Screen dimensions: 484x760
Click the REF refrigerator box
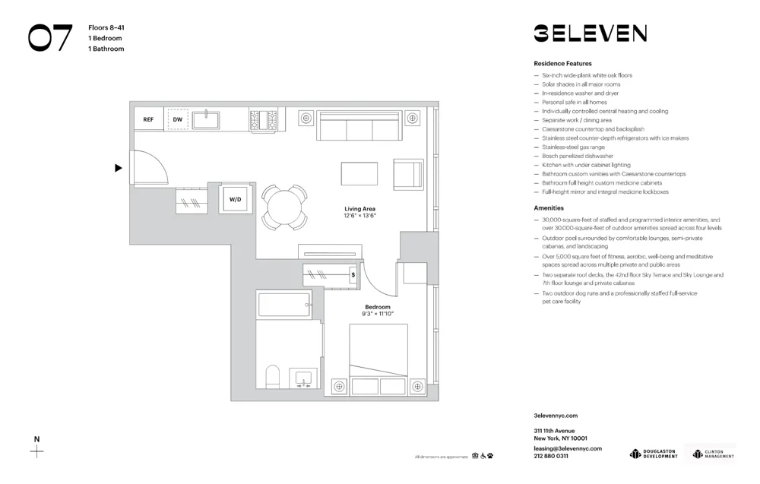[x=148, y=119]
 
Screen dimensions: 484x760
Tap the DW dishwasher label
[x=178, y=119]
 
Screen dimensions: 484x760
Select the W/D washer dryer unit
[x=235, y=200]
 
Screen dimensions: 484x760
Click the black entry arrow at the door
[x=118, y=168]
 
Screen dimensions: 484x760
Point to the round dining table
[x=285, y=207]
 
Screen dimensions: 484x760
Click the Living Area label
[x=359, y=209]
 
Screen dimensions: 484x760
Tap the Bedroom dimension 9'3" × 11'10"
[x=378, y=314]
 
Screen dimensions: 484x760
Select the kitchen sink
[x=205, y=119]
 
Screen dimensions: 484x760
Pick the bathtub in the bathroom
[x=284, y=305]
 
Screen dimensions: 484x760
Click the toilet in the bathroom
[x=273, y=377]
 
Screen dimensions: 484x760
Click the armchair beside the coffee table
[x=407, y=174]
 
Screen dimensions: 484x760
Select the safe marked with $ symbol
[x=353, y=275]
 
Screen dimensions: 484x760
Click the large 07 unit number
[x=51, y=38]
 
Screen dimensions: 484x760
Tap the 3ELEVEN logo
[x=590, y=33]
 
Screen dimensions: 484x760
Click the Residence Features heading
[x=562, y=64]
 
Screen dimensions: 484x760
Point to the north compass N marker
[x=36, y=440]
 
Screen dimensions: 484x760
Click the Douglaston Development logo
[x=654, y=454]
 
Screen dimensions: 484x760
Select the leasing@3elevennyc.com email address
[x=568, y=448]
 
